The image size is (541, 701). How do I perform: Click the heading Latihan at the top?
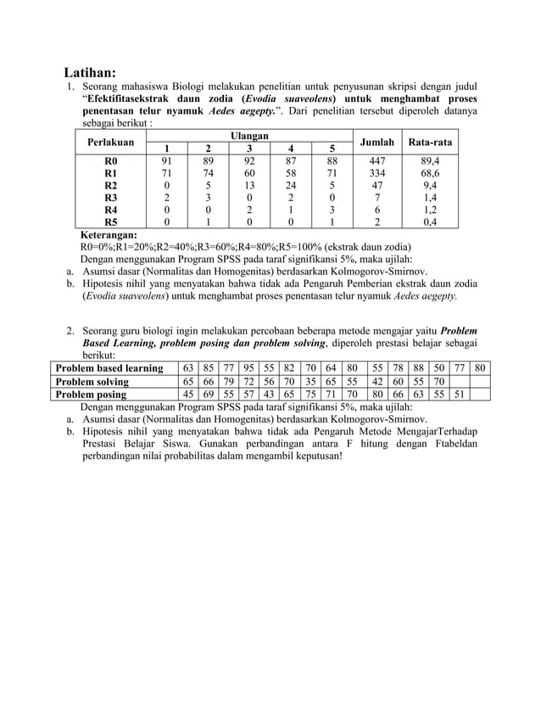click(x=91, y=71)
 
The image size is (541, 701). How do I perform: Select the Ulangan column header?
click(x=249, y=136)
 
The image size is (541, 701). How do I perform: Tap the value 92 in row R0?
click(x=249, y=159)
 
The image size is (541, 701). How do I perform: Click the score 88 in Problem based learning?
click(x=418, y=368)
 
